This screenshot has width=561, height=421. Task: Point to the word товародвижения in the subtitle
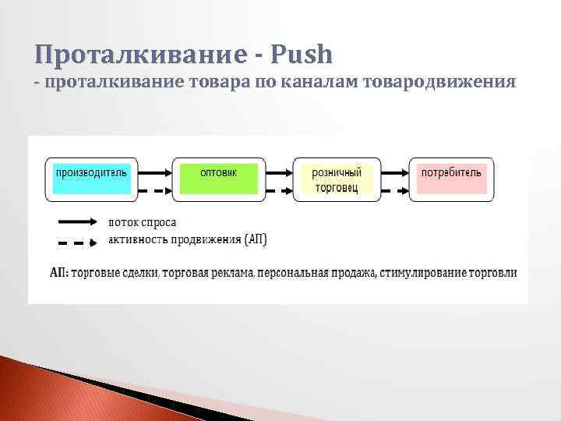coord(438,81)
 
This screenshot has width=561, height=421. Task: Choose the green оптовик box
coord(218,179)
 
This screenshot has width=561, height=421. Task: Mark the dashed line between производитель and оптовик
coord(154,191)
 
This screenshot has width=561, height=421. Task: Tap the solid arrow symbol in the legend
coord(77,221)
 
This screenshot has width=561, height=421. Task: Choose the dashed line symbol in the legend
coord(77,242)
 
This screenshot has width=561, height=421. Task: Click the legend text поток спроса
coord(143,222)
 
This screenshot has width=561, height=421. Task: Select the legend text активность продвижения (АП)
coord(187,240)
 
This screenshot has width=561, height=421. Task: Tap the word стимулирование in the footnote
coord(422,274)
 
